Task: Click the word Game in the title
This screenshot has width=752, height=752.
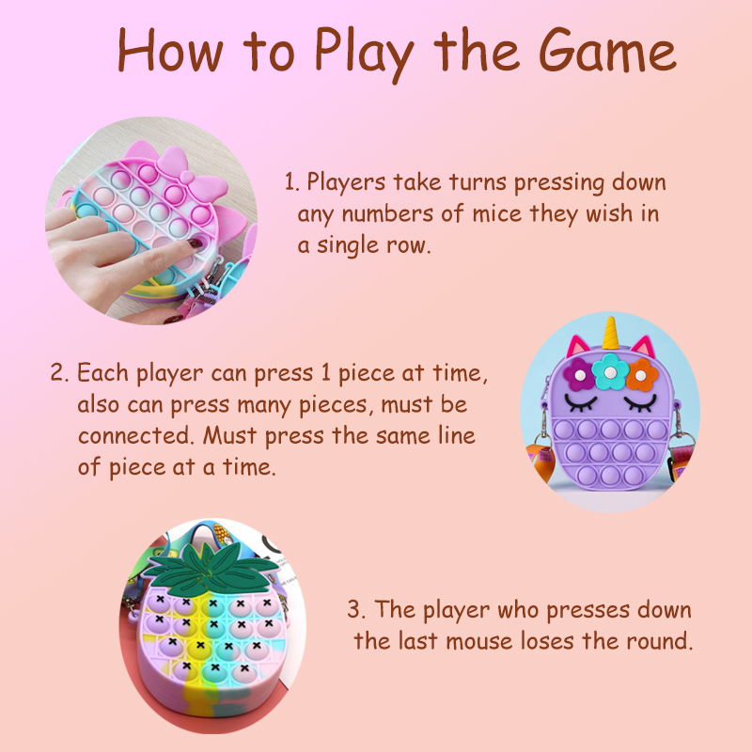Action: point(606,51)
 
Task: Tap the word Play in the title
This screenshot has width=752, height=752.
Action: point(364,55)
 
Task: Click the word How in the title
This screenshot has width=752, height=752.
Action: point(170,51)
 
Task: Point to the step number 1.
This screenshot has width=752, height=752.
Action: point(291,182)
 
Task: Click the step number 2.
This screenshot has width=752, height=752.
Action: point(59,372)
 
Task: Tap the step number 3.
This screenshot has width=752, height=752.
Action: point(356,609)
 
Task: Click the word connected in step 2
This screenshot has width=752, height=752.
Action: point(135,435)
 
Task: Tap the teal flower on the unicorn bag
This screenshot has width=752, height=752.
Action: point(610,371)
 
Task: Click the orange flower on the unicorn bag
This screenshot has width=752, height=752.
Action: point(642,375)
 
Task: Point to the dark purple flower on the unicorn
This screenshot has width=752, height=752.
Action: point(578,374)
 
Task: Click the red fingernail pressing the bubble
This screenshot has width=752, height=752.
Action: point(196,243)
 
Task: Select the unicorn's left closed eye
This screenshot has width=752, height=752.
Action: point(581,402)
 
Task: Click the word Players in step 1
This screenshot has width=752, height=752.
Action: point(346,182)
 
